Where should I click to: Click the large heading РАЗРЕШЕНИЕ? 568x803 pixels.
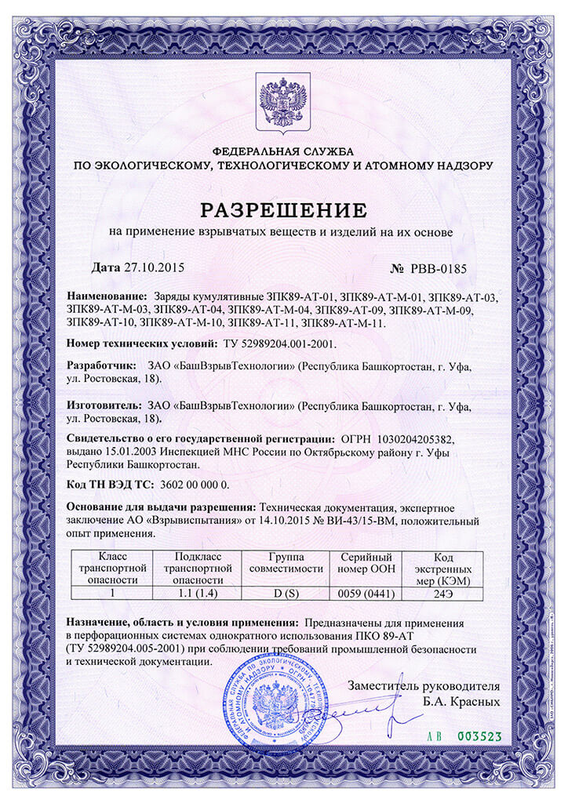284,210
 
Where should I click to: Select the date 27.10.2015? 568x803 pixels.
154,267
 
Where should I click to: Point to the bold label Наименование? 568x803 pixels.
107,297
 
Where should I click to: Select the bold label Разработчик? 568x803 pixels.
100,365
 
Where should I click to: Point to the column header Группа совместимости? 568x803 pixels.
285,562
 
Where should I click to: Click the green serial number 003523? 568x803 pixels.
479,736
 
